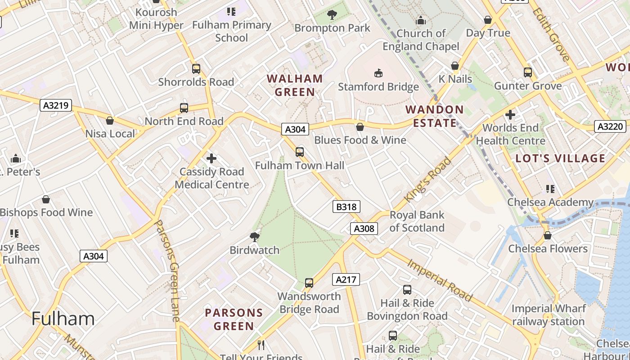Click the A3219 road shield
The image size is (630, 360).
click(56, 106)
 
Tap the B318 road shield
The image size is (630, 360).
click(346, 207)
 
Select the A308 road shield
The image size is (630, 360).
click(364, 229)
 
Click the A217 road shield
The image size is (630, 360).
click(346, 279)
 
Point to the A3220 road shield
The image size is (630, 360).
click(610, 126)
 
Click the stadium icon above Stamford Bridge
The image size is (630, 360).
click(378, 73)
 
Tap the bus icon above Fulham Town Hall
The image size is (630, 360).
click(300, 152)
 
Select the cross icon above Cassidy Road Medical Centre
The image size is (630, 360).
click(211, 158)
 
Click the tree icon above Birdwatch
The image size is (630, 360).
click(255, 237)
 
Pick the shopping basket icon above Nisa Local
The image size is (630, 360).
click(110, 121)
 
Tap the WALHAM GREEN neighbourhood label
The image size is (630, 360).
click(295, 85)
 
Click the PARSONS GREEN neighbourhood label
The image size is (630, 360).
click(234, 319)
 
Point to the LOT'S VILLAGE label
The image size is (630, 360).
click(560, 158)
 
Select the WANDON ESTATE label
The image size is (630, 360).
click(434, 116)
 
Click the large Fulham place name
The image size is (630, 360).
click(63, 319)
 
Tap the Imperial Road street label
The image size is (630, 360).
click(440, 280)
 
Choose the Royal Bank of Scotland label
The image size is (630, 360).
click(417, 221)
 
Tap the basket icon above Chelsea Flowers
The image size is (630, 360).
click(548, 235)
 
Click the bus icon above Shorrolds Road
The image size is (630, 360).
click(196, 69)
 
